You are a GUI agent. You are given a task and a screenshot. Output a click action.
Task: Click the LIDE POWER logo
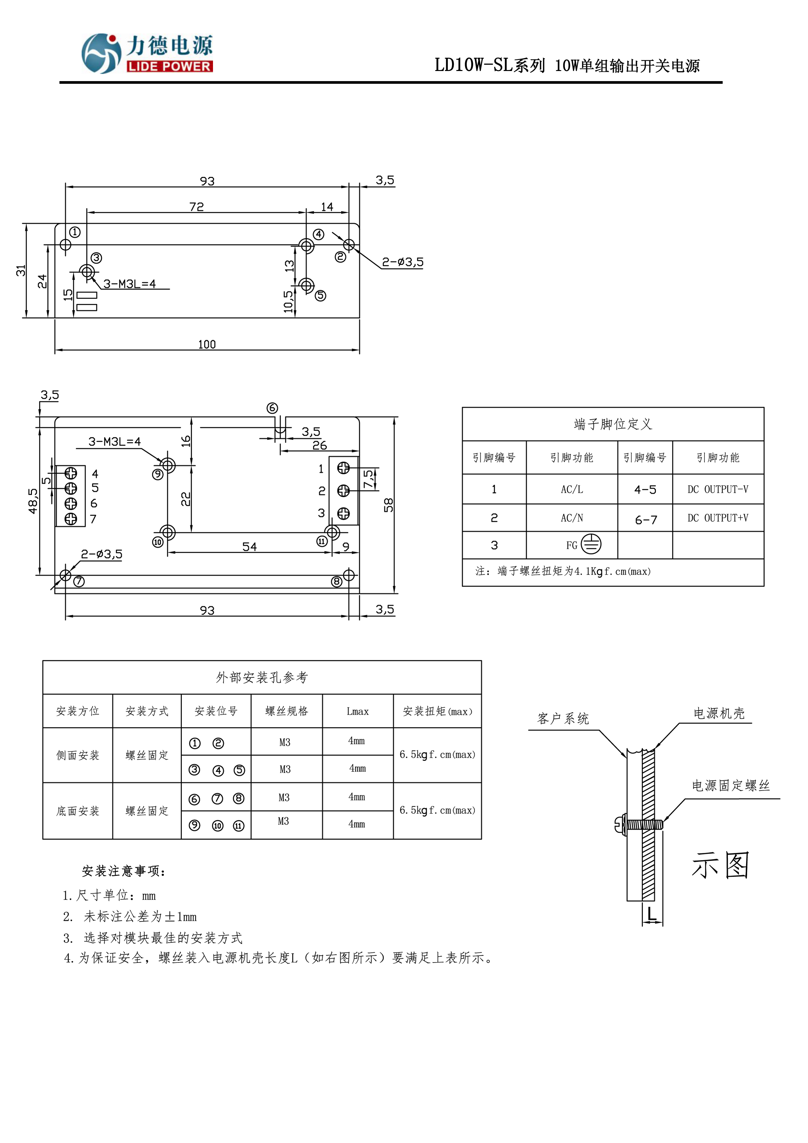coord(147,53)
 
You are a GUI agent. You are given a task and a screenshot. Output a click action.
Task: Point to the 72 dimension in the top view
coord(197,207)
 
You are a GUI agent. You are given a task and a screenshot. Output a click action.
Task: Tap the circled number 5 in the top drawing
coord(320,296)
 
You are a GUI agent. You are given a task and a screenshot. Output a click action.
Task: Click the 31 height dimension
coord(21,270)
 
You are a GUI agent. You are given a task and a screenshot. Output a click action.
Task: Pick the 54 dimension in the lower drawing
coord(249,547)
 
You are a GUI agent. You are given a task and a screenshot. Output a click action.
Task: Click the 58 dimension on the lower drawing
coord(388,505)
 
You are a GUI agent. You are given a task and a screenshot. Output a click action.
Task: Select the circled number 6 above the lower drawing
coord(272,408)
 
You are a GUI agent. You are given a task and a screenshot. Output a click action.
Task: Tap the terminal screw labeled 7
coord(71,519)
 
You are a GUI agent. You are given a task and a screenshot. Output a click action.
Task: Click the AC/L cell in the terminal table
coord(572,489)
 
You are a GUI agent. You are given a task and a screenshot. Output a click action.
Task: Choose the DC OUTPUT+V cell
coord(717,518)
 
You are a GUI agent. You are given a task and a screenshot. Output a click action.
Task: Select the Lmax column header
coord(358,711)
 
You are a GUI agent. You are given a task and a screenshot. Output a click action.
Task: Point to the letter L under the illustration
coord(652,914)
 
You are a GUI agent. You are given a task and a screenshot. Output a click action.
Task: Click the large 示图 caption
coord(720,865)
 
